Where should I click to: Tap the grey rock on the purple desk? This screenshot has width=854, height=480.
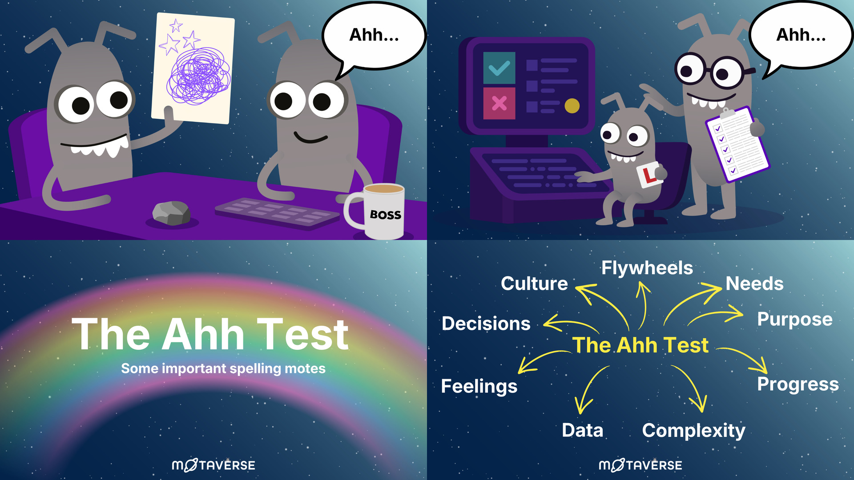[x=171, y=213]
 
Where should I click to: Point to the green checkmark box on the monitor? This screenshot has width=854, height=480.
[x=499, y=68]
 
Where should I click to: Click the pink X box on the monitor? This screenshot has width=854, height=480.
[x=499, y=103]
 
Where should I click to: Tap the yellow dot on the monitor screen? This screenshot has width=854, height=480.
[x=572, y=106]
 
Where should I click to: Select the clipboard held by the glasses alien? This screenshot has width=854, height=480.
[x=737, y=144]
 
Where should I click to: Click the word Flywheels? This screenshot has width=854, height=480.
[x=647, y=268]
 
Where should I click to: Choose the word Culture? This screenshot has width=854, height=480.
[x=534, y=284]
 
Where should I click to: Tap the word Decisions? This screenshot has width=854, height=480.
[x=486, y=324]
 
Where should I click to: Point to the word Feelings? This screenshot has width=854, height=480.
[x=479, y=386]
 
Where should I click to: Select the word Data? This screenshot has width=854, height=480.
[x=582, y=430]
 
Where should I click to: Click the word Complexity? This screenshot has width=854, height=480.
[x=693, y=431]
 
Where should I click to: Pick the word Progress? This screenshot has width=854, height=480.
[x=798, y=384]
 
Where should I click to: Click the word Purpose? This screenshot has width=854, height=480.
[x=795, y=320]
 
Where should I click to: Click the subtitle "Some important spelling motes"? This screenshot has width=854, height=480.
[x=223, y=368]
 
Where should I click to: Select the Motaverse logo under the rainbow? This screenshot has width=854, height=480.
[x=213, y=465]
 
